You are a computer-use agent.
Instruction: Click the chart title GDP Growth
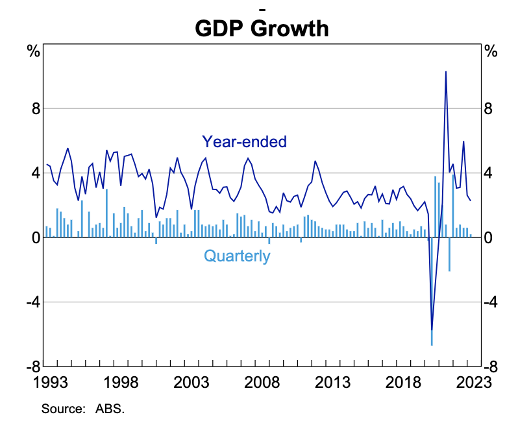point(262,28)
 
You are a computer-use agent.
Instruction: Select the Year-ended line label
point(244,141)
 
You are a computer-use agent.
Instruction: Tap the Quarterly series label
point(237,256)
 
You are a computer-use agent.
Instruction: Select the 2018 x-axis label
point(402,383)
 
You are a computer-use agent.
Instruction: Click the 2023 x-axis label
point(472,383)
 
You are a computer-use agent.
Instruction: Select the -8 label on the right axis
point(491,366)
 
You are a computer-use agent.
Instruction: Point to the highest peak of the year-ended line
point(445,71)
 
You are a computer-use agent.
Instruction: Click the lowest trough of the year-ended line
point(432,330)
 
